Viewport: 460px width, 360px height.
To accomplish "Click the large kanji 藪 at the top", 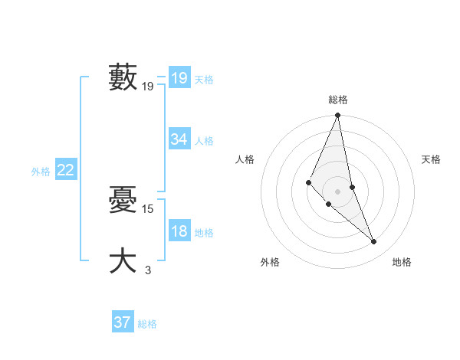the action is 123,77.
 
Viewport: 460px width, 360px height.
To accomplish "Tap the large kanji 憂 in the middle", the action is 123,200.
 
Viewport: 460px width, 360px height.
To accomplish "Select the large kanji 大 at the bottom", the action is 123,260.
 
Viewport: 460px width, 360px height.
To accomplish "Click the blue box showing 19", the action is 179,78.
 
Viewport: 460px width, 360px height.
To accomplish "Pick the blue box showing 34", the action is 179,139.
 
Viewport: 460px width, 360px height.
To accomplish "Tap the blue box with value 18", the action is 179,232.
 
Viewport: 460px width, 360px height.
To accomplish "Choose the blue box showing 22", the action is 66,171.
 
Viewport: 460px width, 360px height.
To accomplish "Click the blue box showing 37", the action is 123,322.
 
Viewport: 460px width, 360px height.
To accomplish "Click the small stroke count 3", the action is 148,270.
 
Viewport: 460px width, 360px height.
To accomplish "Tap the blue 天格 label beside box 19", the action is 204,80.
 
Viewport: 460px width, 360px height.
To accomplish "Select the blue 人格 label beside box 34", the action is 204,141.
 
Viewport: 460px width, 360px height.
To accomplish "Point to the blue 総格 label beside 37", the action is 147,324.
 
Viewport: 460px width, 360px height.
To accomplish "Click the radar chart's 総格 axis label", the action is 338,100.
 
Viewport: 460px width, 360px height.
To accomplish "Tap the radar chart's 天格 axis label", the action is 432,159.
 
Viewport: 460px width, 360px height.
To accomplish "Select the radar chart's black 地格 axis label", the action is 402,262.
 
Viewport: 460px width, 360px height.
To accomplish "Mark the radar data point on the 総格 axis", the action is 338,116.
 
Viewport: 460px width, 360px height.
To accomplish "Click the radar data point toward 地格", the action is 374,242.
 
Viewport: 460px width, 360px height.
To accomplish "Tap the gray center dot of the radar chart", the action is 338,191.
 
